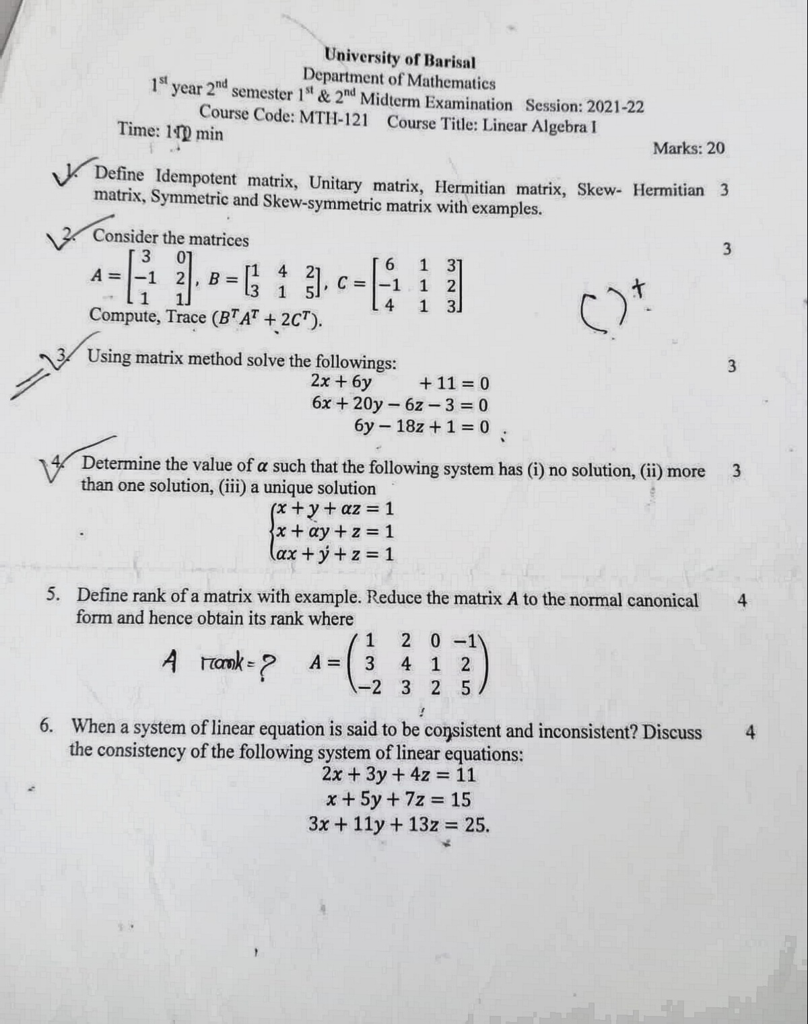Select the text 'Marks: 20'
[688, 148]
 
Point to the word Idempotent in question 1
[196, 178]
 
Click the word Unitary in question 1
[336, 183]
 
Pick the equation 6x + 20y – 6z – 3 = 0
[400, 404]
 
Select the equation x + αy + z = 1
[333, 532]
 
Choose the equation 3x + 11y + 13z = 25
[399, 824]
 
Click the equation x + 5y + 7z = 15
[398, 799]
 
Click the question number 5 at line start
[51, 595]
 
